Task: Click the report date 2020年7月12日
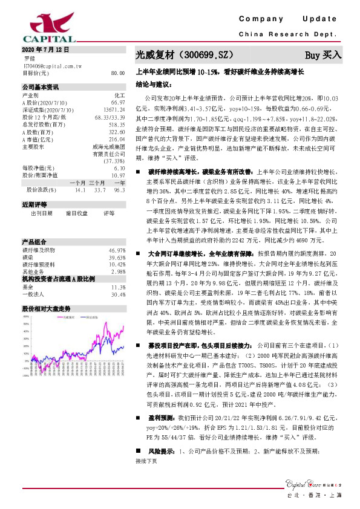(46, 49)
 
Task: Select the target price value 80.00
(118, 73)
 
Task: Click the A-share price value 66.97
(118, 103)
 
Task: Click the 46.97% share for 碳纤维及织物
(116, 233)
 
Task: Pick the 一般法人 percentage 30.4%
(118, 277)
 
